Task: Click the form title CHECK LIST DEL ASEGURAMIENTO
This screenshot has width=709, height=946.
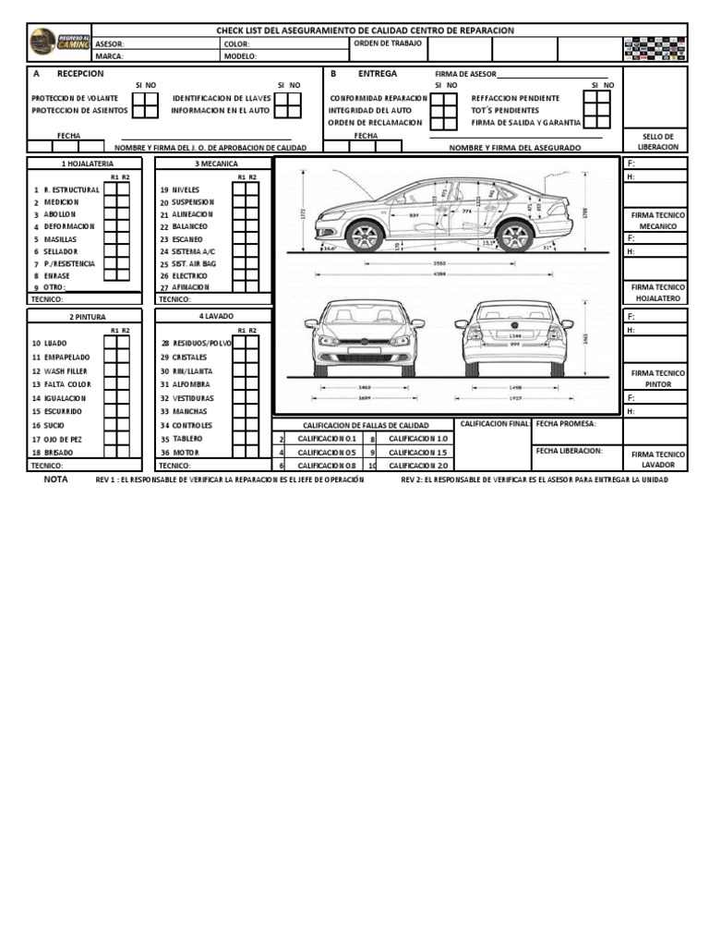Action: (365, 30)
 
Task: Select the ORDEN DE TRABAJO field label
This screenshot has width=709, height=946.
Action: (388, 43)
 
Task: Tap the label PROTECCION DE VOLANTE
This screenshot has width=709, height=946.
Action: (75, 98)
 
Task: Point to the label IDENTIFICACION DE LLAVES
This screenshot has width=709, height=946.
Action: (221, 98)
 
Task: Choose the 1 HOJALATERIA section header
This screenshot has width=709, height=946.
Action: (87, 164)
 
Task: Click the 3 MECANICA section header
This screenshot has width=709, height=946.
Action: (215, 164)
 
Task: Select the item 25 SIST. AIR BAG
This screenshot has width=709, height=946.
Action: (187, 263)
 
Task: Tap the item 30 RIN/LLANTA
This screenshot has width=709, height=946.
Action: (192, 370)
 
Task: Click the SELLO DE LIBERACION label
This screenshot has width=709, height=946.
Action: (658, 141)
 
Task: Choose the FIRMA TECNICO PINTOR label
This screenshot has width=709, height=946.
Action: (658, 378)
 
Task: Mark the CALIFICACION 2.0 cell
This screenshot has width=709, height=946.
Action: (417, 466)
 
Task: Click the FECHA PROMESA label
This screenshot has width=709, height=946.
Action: (566, 424)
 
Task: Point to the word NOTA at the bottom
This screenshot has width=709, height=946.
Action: (56, 480)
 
